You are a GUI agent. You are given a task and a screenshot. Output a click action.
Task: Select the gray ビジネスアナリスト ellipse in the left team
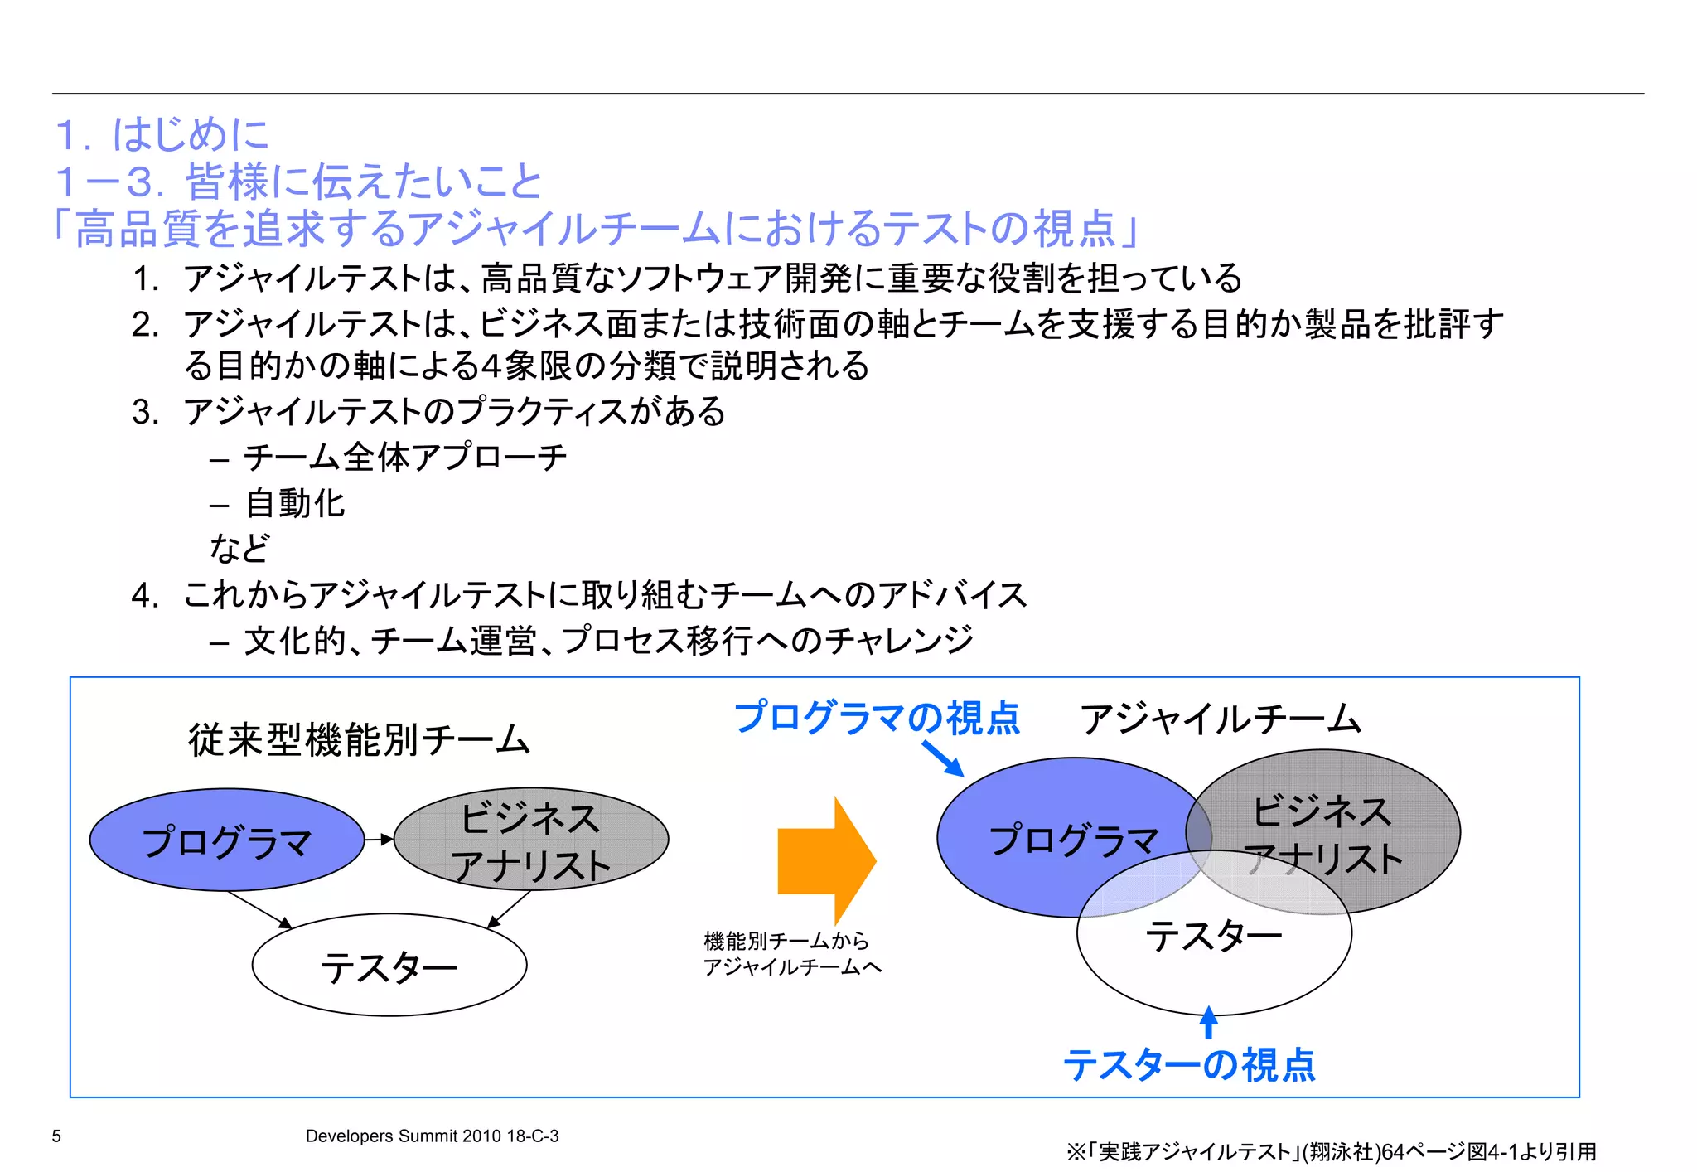(x=530, y=840)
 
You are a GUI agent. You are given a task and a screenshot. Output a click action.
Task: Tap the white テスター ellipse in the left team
(x=389, y=966)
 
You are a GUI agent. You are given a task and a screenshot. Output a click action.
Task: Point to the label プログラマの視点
(x=876, y=718)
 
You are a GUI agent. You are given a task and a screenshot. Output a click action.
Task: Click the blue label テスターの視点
(x=1188, y=1065)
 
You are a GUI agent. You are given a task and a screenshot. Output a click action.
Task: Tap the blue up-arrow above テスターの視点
(x=1209, y=1023)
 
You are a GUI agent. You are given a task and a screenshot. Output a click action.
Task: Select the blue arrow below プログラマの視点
(x=944, y=758)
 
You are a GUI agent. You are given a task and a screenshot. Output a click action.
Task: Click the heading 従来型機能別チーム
(x=358, y=739)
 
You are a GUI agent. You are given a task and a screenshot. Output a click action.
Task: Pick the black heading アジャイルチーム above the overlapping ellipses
(x=1220, y=719)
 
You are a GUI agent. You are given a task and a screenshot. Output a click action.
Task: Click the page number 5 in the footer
(x=56, y=1136)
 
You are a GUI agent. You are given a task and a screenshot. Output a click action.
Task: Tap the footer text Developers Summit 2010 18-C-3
(x=432, y=1136)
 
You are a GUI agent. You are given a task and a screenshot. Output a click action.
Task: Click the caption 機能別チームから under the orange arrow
(x=786, y=942)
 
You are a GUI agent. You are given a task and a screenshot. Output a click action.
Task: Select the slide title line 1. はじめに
(x=162, y=134)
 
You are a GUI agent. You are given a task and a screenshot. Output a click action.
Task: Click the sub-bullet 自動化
(x=295, y=503)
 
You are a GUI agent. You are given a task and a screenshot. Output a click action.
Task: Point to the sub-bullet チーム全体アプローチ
(x=405, y=458)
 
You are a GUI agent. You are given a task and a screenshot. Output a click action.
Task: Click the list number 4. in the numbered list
(x=145, y=595)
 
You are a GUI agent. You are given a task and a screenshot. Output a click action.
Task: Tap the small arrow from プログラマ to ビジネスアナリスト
(x=379, y=840)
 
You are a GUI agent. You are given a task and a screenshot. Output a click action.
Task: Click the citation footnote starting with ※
(x=1331, y=1151)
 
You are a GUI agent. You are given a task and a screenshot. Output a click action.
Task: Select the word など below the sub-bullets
(x=239, y=548)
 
